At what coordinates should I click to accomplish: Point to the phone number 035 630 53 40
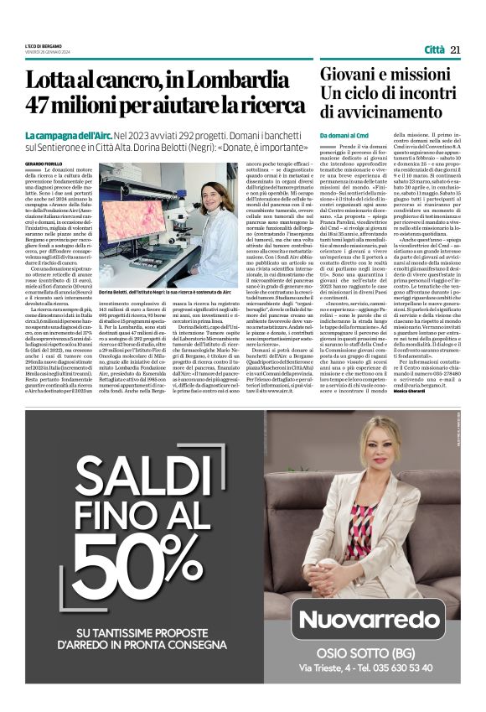click(392, 668)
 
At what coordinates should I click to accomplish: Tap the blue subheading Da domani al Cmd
click(344, 135)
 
